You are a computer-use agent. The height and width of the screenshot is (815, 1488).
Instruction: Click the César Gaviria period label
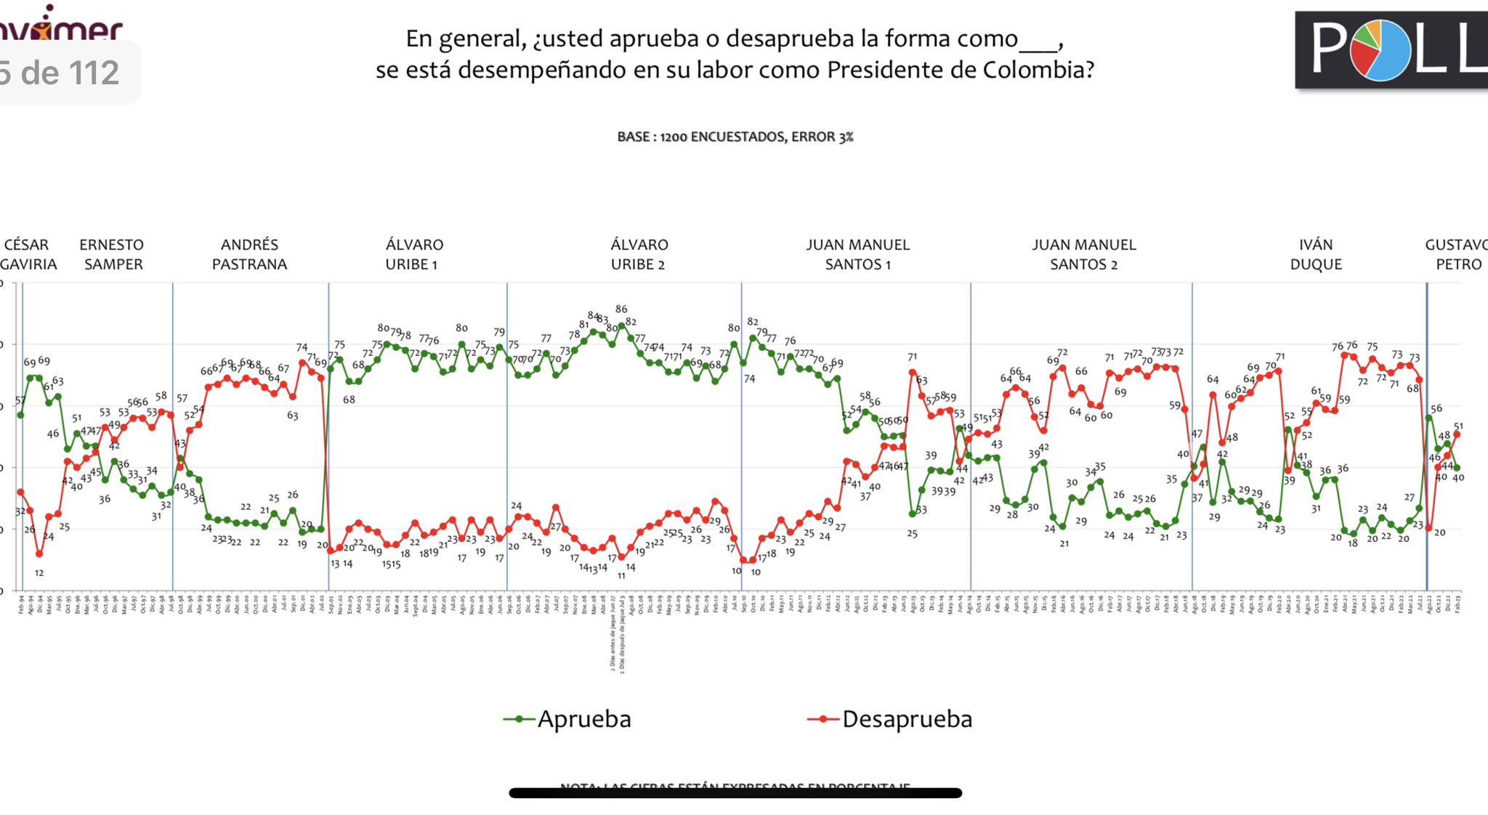coord(28,254)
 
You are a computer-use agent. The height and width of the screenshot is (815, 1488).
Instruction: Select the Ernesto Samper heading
coord(112,254)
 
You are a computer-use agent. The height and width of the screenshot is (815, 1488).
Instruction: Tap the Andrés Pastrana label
coord(249,254)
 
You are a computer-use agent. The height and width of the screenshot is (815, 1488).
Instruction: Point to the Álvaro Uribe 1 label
coord(413,254)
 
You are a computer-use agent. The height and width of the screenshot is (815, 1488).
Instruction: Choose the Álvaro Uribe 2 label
coord(639,254)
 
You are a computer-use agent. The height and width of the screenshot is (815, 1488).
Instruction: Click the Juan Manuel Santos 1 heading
coord(857,254)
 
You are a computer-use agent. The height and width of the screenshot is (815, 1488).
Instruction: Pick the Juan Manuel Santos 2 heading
coord(1083,254)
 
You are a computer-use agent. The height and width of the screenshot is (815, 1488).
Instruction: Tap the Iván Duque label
coord(1316,254)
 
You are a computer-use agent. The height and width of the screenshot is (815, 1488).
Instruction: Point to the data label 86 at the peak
coord(621,309)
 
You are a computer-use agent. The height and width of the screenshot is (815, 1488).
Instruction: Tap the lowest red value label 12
coord(39,572)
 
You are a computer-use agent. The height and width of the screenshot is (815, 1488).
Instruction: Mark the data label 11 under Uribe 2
coord(621,575)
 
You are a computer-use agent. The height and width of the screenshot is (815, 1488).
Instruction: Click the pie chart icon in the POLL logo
coord(1380,50)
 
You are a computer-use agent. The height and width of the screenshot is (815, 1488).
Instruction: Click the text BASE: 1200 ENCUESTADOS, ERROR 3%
coord(735,137)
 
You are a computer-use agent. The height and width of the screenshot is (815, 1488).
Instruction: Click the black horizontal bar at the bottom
coord(735,793)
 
